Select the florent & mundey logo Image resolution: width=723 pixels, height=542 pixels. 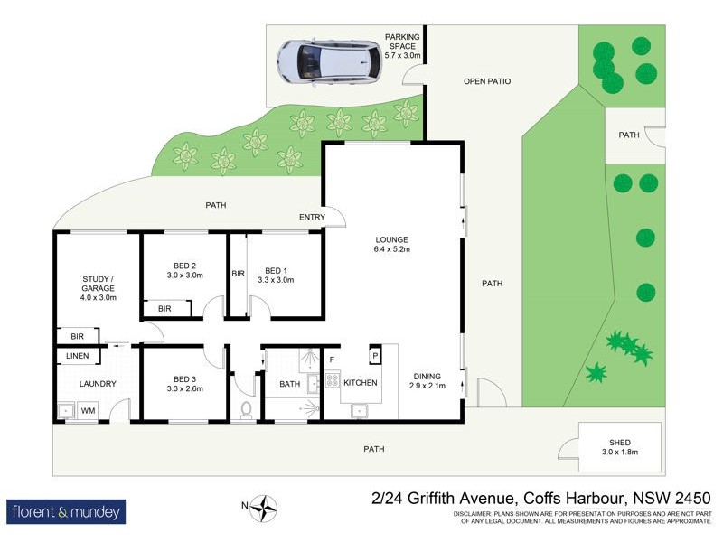[x=66, y=512]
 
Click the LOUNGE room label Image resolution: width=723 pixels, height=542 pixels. [x=393, y=244]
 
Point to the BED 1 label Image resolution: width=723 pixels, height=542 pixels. [x=276, y=275]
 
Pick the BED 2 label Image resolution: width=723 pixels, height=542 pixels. [x=183, y=269]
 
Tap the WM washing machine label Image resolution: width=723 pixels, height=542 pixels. [x=89, y=411]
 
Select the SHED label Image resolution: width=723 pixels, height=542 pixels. [x=620, y=446]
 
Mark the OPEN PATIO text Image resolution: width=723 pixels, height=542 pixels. [x=487, y=81]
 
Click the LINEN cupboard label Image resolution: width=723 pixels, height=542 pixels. [x=78, y=356]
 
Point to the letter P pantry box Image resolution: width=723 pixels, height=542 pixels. [x=374, y=356]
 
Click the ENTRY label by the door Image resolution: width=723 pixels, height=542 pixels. [x=312, y=218]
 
